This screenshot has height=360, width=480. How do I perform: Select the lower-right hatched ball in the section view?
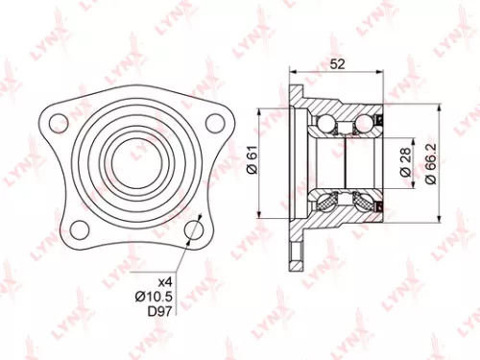(364, 201)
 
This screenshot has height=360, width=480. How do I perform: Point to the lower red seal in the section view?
(382, 202)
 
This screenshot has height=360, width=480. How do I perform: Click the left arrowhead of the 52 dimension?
(291, 75)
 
